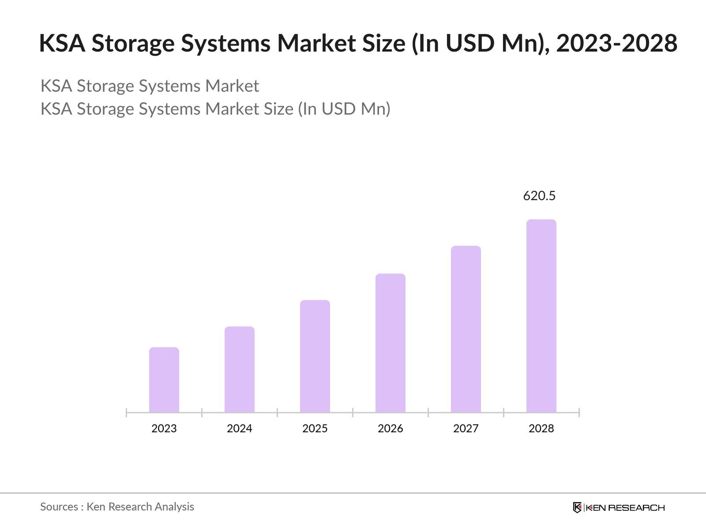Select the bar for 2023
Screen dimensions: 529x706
pyautogui.click(x=164, y=380)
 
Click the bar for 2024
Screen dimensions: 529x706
pyautogui.click(x=240, y=369)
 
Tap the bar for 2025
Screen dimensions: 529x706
pyautogui.click(x=315, y=356)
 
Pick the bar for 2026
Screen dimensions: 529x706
pyautogui.click(x=391, y=343)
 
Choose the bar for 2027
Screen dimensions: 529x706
pyautogui.click(x=466, y=329)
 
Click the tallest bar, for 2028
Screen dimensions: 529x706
pyautogui.click(x=541, y=316)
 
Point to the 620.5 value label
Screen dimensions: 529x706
pyautogui.click(x=539, y=196)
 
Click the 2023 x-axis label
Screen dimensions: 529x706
pyautogui.click(x=164, y=428)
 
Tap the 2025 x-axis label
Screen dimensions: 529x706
pyautogui.click(x=315, y=428)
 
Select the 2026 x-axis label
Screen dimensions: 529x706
pyautogui.click(x=391, y=428)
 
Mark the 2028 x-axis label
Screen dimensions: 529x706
pyautogui.click(x=541, y=428)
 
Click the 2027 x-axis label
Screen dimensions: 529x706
pyautogui.click(x=466, y=428)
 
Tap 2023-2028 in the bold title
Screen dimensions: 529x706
pyautogui.click(x=616, y=43)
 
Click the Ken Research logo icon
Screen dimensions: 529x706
pyautogui.click(x=577, y=507)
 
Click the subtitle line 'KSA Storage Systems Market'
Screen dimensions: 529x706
pyautogui.click(x=150, y=86)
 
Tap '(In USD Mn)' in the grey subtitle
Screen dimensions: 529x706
pyautogui.click(x=344, y=109)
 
